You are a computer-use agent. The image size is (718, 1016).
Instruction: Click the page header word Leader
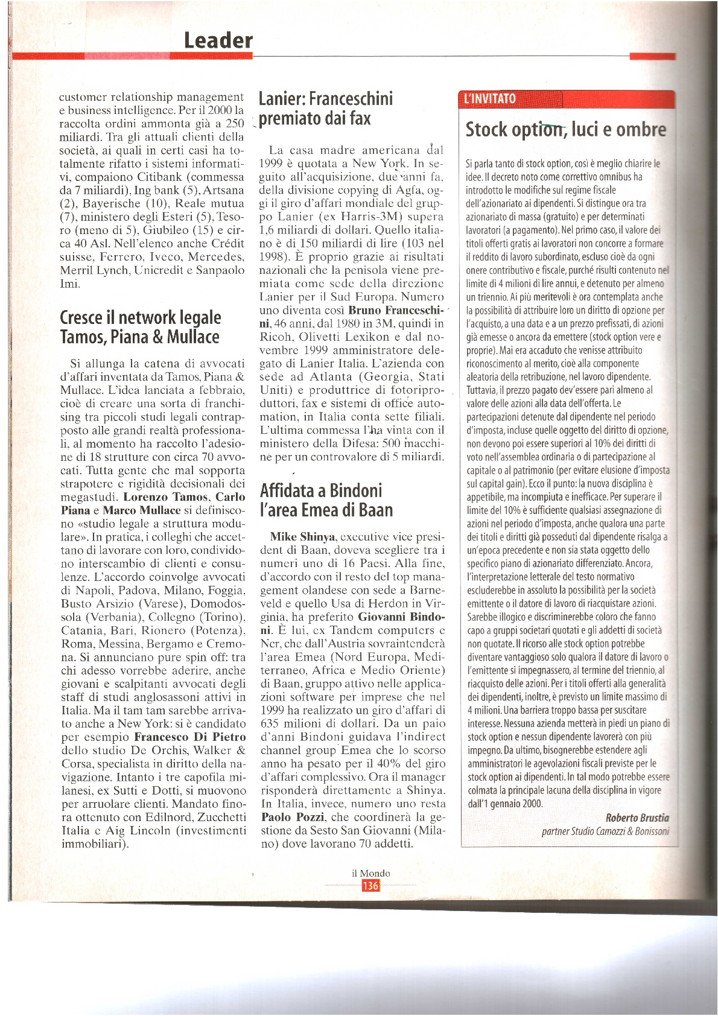click(218, 40)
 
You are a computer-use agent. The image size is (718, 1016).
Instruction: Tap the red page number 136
click(370, 886)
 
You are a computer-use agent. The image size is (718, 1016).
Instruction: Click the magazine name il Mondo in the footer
click(370, 873)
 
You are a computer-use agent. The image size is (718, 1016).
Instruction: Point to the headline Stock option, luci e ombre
click(565, 130)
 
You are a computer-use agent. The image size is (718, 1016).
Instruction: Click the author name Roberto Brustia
click(637, 818)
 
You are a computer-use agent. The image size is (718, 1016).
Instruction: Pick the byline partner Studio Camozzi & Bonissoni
click(605, 831)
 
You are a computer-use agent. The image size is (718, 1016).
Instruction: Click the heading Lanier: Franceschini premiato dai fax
click(326, 108)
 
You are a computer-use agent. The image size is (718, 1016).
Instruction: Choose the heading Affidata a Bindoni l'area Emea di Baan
click(326, 500)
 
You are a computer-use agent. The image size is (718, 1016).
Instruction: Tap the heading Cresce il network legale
click(141, 317)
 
